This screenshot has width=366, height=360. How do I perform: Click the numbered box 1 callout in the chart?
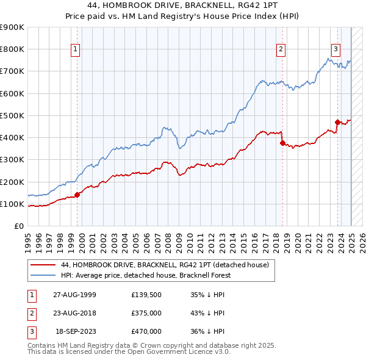(x=76, y=50)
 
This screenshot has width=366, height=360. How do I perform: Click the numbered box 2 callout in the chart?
(x=281, y=50)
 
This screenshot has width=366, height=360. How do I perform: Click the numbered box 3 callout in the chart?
(x=335, y=50)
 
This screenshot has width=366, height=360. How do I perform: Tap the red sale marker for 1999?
(x=77, y=195)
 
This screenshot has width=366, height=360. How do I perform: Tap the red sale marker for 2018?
(x=282, y=143)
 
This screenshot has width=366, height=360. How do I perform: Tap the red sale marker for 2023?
(x=337, y=122)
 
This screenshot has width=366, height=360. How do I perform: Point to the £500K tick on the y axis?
(x=13, y=115)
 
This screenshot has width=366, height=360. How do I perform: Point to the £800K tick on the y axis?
(x=13, y=49)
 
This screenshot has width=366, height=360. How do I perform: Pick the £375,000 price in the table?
(x=146, y=313)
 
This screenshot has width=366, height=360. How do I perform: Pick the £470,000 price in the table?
(x=146, y=331)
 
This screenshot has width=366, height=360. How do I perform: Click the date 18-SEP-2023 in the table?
(x=76, y=331)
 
